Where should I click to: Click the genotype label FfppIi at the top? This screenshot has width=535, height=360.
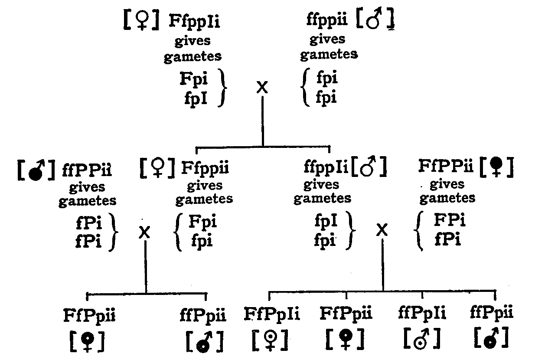tap(194, 22)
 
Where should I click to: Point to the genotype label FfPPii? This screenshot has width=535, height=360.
tap(447, 166)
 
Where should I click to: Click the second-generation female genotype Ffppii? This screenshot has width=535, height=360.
tap(205, 167)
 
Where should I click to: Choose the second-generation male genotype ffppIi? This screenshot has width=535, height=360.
tap(326, 167)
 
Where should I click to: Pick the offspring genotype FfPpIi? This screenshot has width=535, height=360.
tap(272, 314)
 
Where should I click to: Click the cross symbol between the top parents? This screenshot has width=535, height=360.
tap(262, 88)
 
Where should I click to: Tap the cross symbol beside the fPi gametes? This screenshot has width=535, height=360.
tap(145, 233)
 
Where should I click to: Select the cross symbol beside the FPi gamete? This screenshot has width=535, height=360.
tap(382, 230)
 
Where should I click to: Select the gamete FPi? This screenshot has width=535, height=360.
tap(450, 221)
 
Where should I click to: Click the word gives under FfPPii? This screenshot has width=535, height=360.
tap(447, 184)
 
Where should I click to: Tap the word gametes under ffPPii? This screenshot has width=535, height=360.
tap(87, 201)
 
